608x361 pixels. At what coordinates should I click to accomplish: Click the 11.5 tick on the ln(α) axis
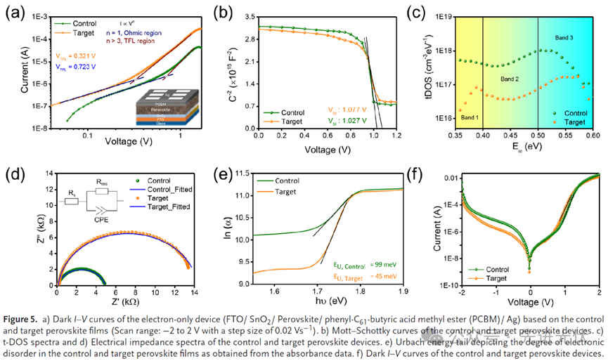(x=242, y=172)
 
